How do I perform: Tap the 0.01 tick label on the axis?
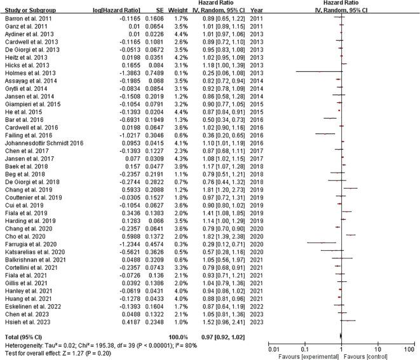[x=274, y=348]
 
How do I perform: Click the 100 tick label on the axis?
[x=411, y=348]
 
